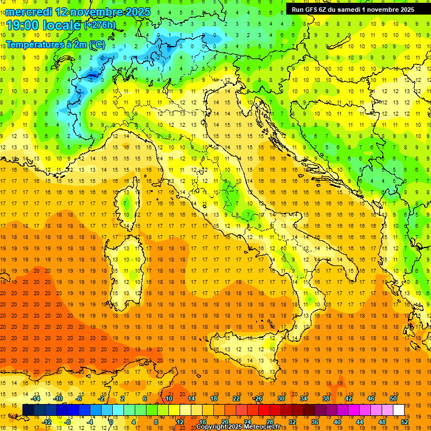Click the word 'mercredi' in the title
coord(29,12)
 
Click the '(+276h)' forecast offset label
coord(100,25)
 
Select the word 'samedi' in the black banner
coord(350,9)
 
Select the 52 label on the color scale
coord(404,422)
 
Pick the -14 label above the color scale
coord(36,398)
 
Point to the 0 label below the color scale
coord(111,422)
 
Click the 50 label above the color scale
coord(393,398)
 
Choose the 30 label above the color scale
coord(281,398)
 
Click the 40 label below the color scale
coord(337,422)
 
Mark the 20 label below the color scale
coord(224,422)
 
